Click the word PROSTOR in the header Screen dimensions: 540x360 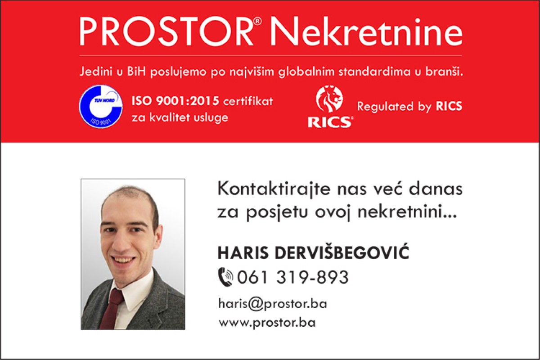point(166,31)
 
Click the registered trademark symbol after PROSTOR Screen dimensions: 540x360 point(257,22)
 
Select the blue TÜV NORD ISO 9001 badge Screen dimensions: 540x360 point(101,106)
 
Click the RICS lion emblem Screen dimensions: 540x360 point(329,99)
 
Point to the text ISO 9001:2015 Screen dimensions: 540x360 point(175,101)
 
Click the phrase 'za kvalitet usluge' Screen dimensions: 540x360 point(180,117)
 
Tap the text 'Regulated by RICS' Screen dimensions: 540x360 point(409,106)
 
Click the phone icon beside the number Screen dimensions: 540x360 point(225,277)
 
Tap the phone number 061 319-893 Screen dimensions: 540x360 point(293,277)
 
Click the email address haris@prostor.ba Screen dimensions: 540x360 point(273,303)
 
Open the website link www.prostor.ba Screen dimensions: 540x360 point(267,323)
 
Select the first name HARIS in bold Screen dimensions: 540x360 point(243,253)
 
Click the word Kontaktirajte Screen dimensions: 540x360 point(274,189)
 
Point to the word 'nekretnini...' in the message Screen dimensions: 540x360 point(407,212)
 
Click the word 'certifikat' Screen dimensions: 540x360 point(248,101)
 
